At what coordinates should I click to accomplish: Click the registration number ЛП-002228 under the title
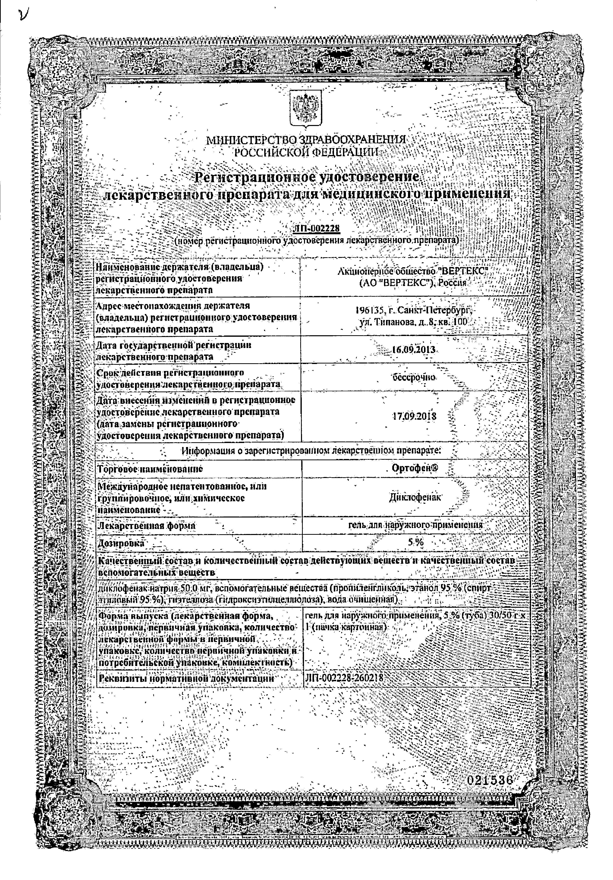[316, 228]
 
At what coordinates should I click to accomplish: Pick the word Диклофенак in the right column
[415, 497]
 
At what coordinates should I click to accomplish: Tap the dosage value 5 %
[415, 542]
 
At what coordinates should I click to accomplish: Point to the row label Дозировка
[121, 543]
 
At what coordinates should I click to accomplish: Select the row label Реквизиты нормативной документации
[187, 678]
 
